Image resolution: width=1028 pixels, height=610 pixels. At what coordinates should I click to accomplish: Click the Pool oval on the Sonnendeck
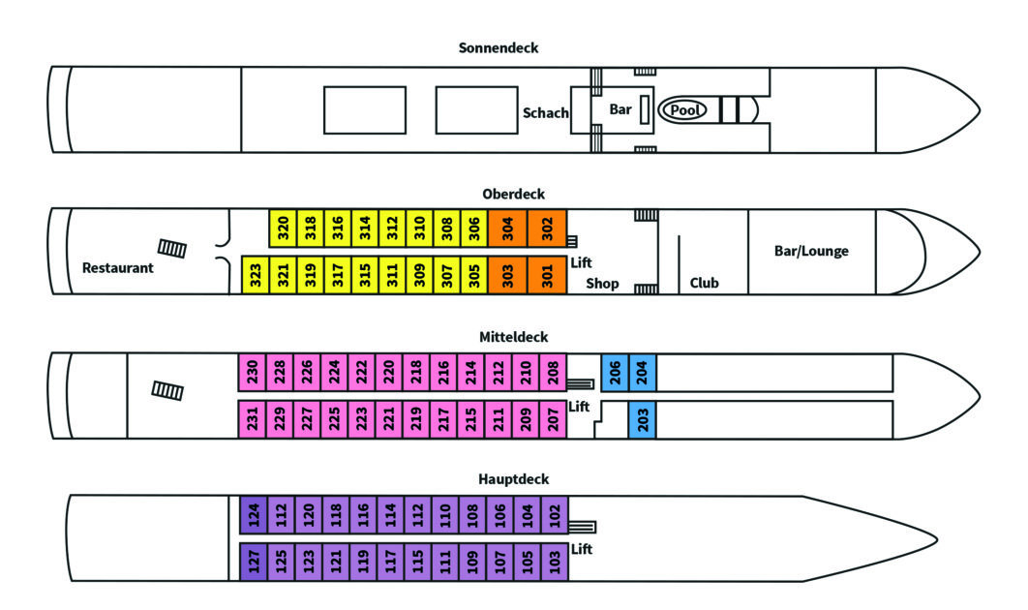point(683,110)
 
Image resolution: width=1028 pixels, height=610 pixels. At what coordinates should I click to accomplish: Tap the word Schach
point(546,112)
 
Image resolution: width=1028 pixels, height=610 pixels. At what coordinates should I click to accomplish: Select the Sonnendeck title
point(499,47)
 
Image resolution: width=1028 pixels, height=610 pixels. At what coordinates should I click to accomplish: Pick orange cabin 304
point(507,229)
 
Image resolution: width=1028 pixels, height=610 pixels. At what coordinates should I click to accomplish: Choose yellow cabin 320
point(284,229)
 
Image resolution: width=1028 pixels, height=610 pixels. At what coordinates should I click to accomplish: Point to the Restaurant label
point(118,267)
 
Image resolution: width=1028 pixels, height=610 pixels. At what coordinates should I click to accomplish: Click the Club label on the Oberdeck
point(704,284)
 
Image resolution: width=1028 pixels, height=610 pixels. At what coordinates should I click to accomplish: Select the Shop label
point(602,284)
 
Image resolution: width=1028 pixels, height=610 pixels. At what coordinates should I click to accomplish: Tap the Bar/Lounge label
point(811,251)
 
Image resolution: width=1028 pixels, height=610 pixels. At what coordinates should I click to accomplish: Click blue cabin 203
point(643,419)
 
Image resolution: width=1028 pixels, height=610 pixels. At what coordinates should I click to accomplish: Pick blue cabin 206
point(615,373)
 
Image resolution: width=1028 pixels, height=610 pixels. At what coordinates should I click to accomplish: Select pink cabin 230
point(252,373)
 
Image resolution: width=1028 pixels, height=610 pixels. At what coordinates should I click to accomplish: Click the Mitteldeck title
point(513,337)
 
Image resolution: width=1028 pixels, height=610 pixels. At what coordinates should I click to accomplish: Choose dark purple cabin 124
point(254,514)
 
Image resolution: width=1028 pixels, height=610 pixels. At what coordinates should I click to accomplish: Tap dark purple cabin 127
point(254,562)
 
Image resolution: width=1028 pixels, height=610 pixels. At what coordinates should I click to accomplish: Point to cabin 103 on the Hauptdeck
point(554,562)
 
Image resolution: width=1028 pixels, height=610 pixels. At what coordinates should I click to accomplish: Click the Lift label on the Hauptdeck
point(581,549)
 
